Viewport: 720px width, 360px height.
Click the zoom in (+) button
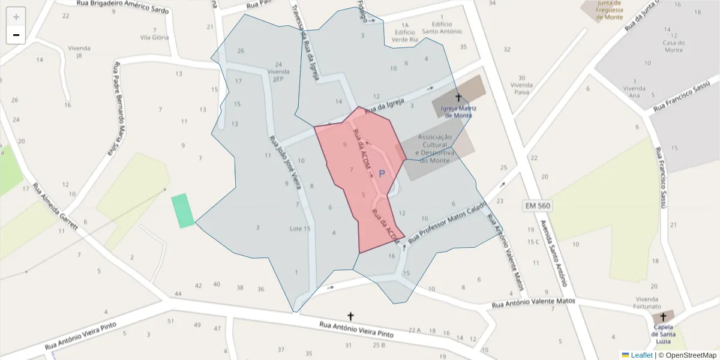16,17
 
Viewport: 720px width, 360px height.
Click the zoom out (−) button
16,35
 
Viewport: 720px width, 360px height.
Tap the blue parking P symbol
382,174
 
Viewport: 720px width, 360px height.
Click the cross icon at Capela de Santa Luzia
663,317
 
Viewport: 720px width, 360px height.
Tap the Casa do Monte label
673,46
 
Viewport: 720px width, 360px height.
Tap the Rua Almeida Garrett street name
55,207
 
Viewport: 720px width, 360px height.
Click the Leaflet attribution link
641,355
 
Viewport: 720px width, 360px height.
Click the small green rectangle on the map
182,211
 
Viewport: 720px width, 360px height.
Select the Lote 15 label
300,229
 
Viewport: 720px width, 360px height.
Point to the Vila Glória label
154,37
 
